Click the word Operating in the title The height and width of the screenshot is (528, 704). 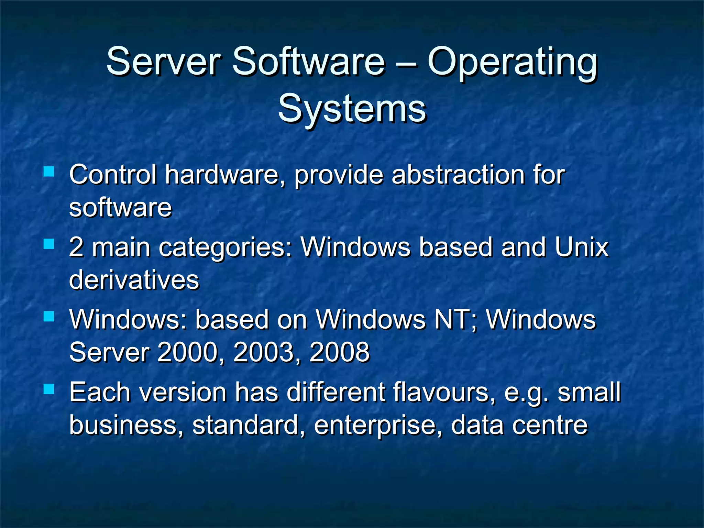512,64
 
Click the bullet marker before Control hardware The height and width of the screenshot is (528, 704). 49,171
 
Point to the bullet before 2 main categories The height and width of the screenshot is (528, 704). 49,244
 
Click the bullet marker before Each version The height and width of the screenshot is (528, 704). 49,389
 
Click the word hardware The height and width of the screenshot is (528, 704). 225,175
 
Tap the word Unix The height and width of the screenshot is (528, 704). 581,247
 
